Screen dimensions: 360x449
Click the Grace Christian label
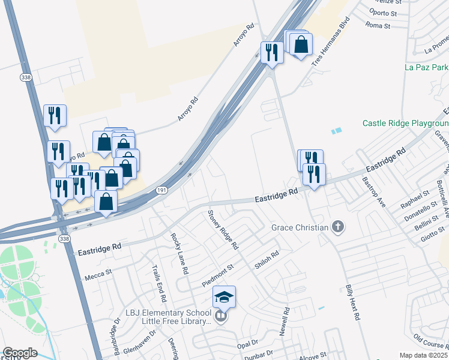(x=300, y=227)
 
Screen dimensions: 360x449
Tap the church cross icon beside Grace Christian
(x=339, y=227)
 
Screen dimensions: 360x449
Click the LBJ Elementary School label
(x=168, y=313)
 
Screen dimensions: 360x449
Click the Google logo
(x=20, y=353)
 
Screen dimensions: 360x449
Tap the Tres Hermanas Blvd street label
(x=330, y=44)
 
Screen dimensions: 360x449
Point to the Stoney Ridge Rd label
(x=223, y=230)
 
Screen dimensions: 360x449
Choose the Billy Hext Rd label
(x=352, y=302)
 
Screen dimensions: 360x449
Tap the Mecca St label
(x=98, y=271)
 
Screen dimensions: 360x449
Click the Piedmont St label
(x=217, y=274)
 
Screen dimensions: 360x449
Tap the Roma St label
(x=378, y=26)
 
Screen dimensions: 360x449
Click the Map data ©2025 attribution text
(x=424, y=355)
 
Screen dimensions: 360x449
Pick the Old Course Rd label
(x=432, y=343)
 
